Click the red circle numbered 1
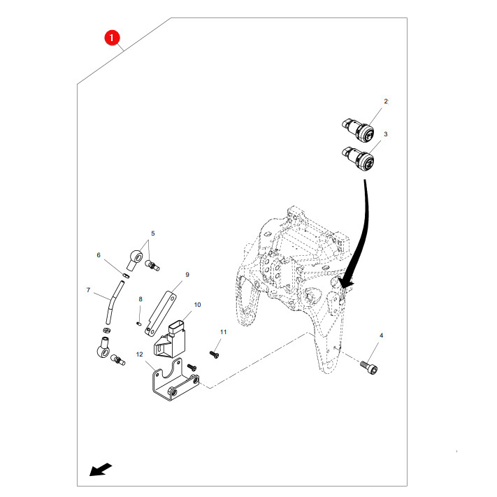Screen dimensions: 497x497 (x=111, y=38)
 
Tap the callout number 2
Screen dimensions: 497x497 (x=386, y=101)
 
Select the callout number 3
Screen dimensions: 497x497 (x=385, y=134)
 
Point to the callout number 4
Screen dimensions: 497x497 (x=381, y=336)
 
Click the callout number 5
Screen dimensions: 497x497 (x=153, y=233)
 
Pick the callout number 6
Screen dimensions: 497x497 (x=99, y=255)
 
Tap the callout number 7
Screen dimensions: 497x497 (x=88, y=290)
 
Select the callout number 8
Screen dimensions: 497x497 (x=141, y=299)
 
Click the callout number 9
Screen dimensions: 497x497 (x=187, y=275)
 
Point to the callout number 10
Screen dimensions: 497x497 (x=197, y=305)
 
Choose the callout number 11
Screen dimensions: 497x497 (x=224, y=332)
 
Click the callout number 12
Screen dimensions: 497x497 (x=140, y=354)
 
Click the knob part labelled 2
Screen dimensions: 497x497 (x=358, y=129)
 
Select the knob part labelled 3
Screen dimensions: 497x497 (x=358, y=158)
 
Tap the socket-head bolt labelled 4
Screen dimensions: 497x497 (x=369, y=368)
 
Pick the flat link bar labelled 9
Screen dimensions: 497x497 (x=161, y=313)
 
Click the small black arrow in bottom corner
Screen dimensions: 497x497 (x=101, y=470)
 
